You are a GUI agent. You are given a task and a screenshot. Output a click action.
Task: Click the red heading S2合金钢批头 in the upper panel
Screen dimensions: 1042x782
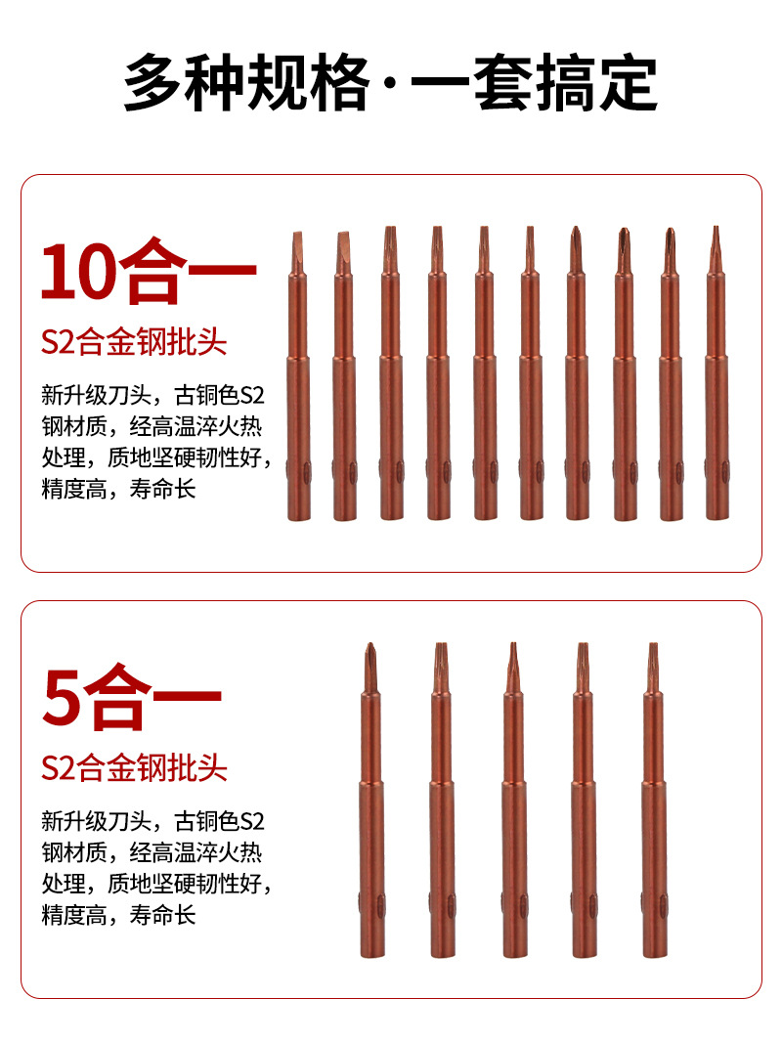pos(134,342)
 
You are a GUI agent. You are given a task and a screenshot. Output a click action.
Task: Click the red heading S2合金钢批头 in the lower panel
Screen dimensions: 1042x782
pos(134,767)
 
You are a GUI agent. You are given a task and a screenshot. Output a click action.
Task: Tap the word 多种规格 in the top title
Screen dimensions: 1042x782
pos(244,84)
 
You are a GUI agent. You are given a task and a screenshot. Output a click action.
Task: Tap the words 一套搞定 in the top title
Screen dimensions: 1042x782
pos(533,84)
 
